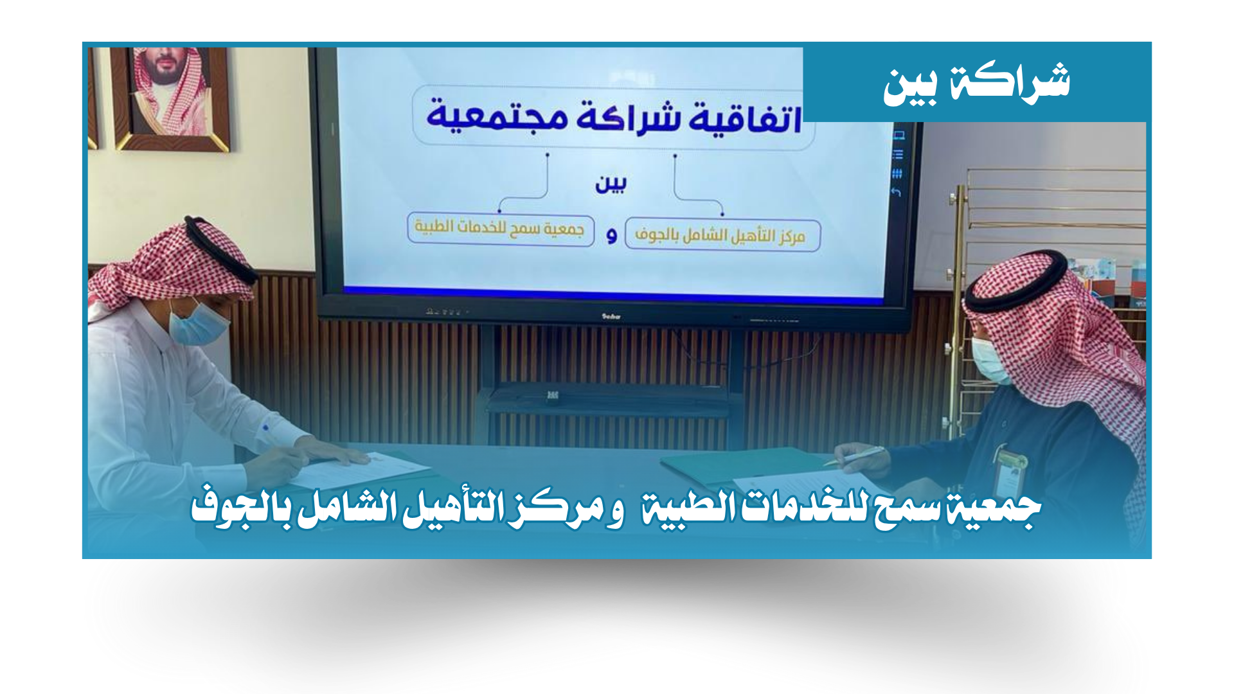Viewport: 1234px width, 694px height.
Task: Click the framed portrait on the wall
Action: coord(171,98)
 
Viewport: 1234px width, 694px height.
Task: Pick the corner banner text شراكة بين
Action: coord(976,84)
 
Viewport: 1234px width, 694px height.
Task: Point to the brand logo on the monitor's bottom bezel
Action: coord(610,316)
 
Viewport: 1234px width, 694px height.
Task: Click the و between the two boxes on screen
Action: coord(611,236)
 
